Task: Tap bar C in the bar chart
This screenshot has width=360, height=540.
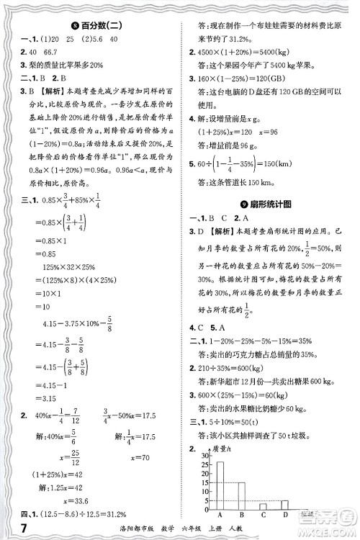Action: pos(264,505)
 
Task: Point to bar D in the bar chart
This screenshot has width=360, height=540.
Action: pos(285,504)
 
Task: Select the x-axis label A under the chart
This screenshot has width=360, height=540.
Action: pos(220,516)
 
